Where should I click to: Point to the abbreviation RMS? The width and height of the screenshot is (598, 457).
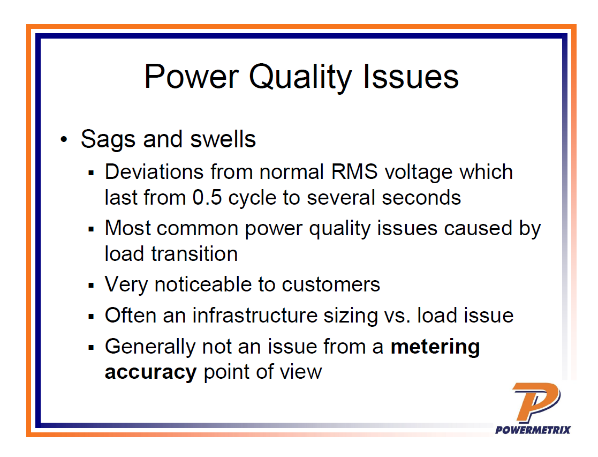tap(351, 172)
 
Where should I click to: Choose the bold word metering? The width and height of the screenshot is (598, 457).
tap(435, 347)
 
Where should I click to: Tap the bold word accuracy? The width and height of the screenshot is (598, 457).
tap(150, 372)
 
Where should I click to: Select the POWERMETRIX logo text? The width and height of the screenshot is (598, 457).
tap(533, 429)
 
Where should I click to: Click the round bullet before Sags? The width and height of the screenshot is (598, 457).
tap(65, 140)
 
